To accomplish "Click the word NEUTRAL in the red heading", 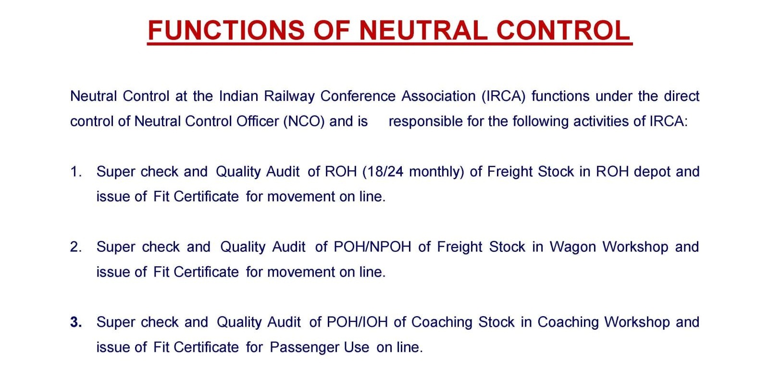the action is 423,30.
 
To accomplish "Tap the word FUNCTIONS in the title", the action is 226,30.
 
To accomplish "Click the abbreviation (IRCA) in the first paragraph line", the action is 503,96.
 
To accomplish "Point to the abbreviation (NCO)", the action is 304,121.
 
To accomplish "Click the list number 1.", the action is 76,172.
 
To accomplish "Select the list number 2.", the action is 76,247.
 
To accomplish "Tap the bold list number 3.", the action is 76,322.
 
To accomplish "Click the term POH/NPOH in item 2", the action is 372,247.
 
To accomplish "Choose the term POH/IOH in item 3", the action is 357,322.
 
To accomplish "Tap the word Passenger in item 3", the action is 319,348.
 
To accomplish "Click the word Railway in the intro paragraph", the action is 289,97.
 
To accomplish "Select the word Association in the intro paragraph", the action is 438,96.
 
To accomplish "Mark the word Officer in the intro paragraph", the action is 258,121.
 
